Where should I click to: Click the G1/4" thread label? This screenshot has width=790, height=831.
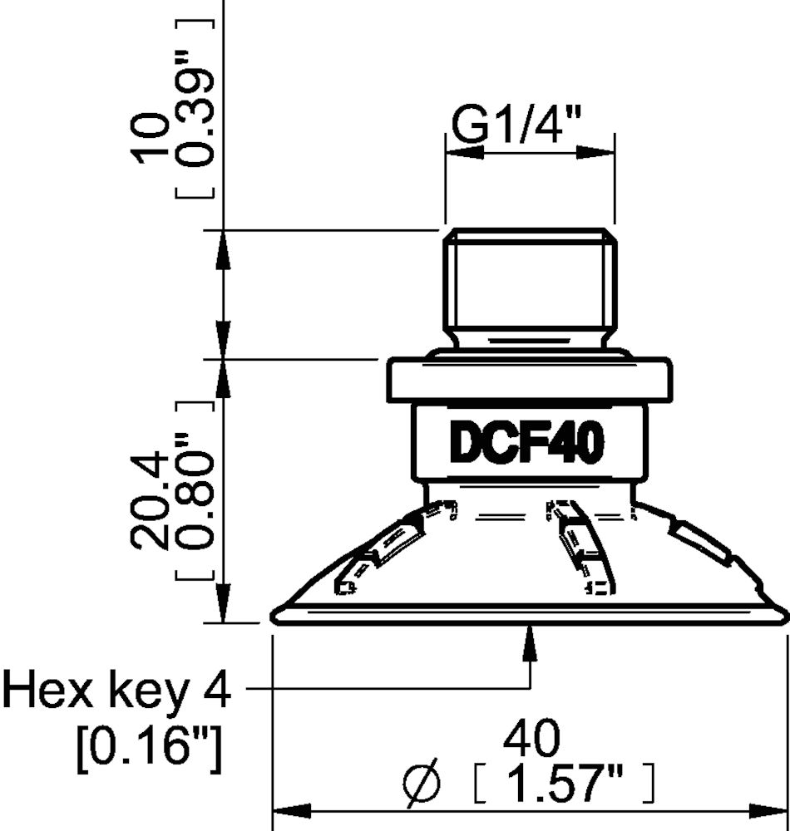[x=516, y=127]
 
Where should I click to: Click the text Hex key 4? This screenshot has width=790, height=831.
[x=116, y=690]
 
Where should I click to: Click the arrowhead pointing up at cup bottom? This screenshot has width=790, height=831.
[x=530, y=642]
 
